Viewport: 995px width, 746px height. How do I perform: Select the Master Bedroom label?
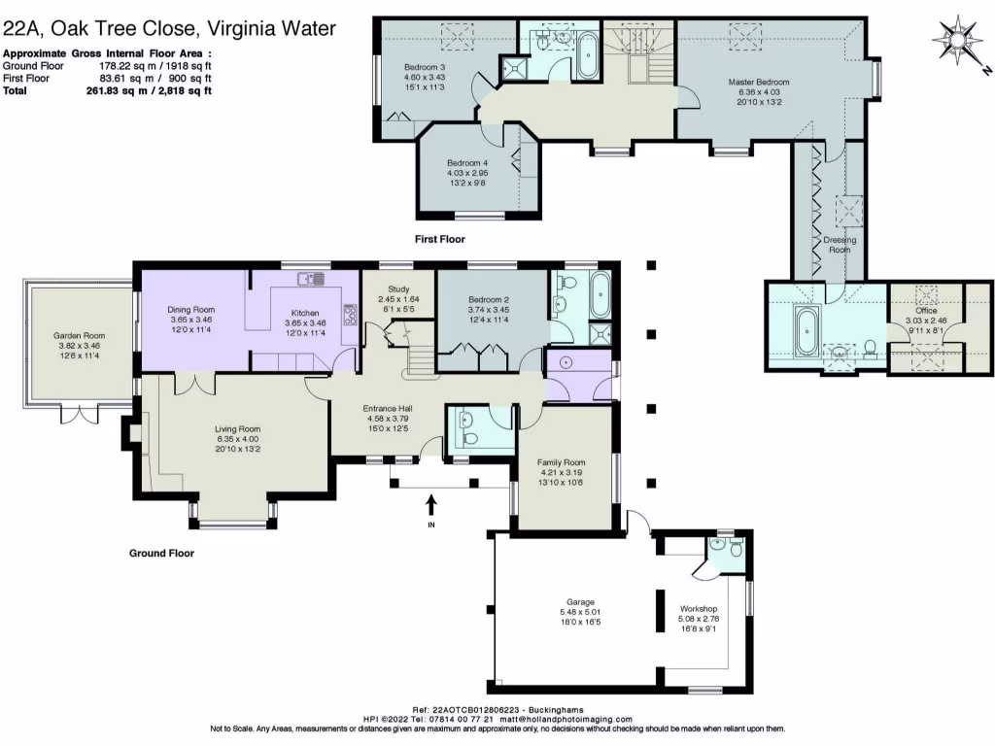tap(759, 83)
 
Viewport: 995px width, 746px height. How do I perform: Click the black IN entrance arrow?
tap(431, 504)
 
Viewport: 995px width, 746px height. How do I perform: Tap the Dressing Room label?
tap(838, 243)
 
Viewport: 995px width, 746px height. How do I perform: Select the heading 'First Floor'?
tap(439, 239)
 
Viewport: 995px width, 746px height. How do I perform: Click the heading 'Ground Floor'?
tap(161, 554)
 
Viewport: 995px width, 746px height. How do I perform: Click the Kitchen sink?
tap(313, 279)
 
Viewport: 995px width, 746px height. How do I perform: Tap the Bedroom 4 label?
tap(466, 162)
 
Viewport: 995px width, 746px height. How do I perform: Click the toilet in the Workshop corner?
tap(736, 551)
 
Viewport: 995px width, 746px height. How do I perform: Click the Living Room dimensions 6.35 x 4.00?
tap(237, 438)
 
